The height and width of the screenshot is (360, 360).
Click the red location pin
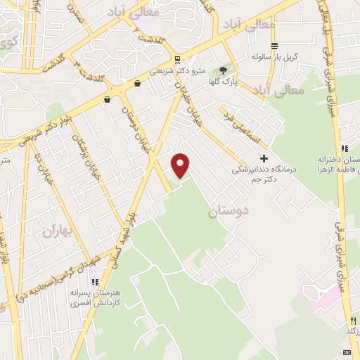(181, 165)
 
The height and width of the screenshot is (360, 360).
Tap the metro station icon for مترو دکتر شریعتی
(176, 60)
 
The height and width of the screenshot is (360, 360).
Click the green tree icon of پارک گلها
(224, 70)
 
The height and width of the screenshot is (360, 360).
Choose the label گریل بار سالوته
(276, 56)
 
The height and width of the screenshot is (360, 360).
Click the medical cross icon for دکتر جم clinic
(264, 159)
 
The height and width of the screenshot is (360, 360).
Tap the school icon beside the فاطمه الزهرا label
(345, 149)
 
